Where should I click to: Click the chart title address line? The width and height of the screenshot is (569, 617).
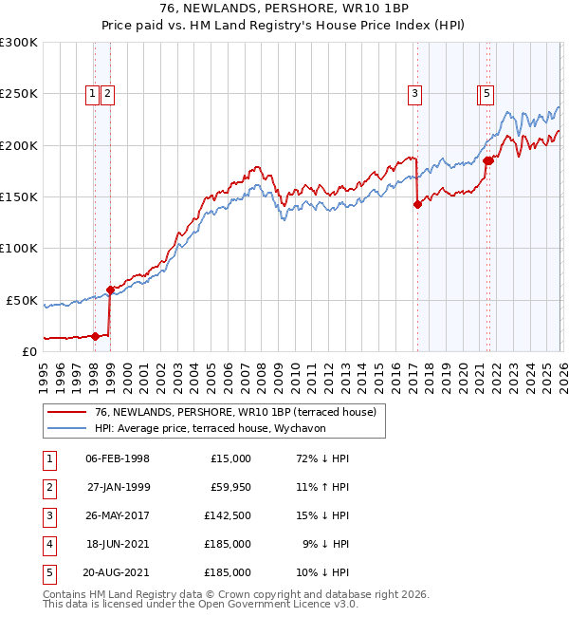[284, 8]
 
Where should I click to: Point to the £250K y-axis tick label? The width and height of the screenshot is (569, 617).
[19, 94]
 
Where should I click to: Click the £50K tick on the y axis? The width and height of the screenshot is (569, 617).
[23, 300]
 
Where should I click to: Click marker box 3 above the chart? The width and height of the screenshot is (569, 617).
[415, 93]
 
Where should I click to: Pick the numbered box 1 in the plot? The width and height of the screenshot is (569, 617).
[93, 93]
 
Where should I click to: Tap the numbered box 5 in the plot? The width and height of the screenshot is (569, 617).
[486, 93]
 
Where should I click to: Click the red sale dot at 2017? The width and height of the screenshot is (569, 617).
[417, 203]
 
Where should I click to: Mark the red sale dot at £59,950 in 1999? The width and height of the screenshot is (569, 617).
[110, 290]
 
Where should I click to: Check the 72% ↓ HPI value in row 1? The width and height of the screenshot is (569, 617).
[322, 458]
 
